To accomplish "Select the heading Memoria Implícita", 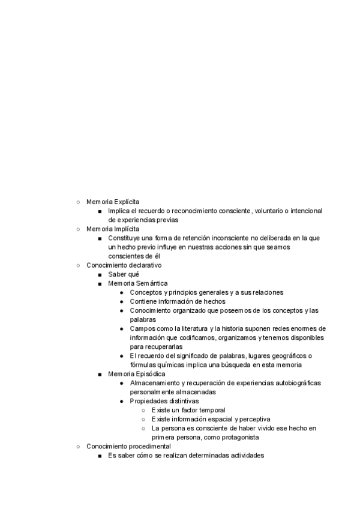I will tap(113, 229).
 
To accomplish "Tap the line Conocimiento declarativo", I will tap(124, 265).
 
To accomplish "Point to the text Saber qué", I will tap(124, 274).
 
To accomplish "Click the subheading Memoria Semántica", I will tap(138, 283).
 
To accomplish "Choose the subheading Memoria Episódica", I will tap(137, 374).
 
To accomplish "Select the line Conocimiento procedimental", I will tap(128, 447).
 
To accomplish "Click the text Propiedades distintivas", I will tap(164, 401).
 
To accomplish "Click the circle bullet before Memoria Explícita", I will tap(78, 202).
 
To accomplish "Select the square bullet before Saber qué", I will tap(100, 274).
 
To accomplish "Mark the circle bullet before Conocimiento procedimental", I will tap(78, 447).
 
